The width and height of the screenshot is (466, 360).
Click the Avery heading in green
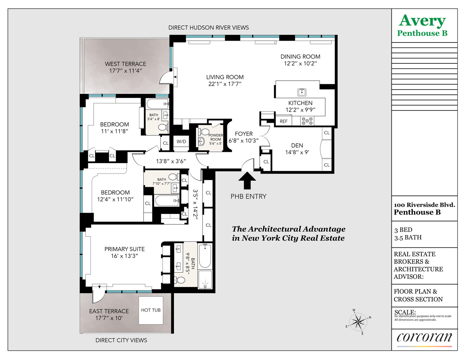(422, 21)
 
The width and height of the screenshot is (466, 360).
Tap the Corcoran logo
(424, 337)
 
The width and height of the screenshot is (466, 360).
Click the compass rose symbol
(358, 321)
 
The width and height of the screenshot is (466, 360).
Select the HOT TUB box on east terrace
(151, 310)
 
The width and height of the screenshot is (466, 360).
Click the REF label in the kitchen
(284, 121)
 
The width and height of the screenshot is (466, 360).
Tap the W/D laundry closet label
(182, 142)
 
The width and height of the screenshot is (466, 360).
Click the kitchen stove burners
(307, 121)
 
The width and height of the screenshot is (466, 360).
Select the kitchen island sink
(302, 92)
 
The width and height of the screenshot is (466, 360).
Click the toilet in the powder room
(205, 131)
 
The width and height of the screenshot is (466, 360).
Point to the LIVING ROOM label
(225, 77)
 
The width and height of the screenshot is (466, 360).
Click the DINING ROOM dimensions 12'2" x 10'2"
(300, 64)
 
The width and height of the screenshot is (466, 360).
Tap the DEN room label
(297, 145)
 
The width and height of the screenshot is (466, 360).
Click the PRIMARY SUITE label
(125, 249)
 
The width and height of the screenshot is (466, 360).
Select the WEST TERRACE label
(125, 64)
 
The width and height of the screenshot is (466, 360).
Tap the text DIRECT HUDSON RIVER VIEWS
(209, 28)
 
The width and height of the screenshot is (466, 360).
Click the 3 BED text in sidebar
(403, 230)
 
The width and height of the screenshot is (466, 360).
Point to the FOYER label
(244, 134)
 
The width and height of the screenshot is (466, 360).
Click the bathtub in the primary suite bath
(205, 256)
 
